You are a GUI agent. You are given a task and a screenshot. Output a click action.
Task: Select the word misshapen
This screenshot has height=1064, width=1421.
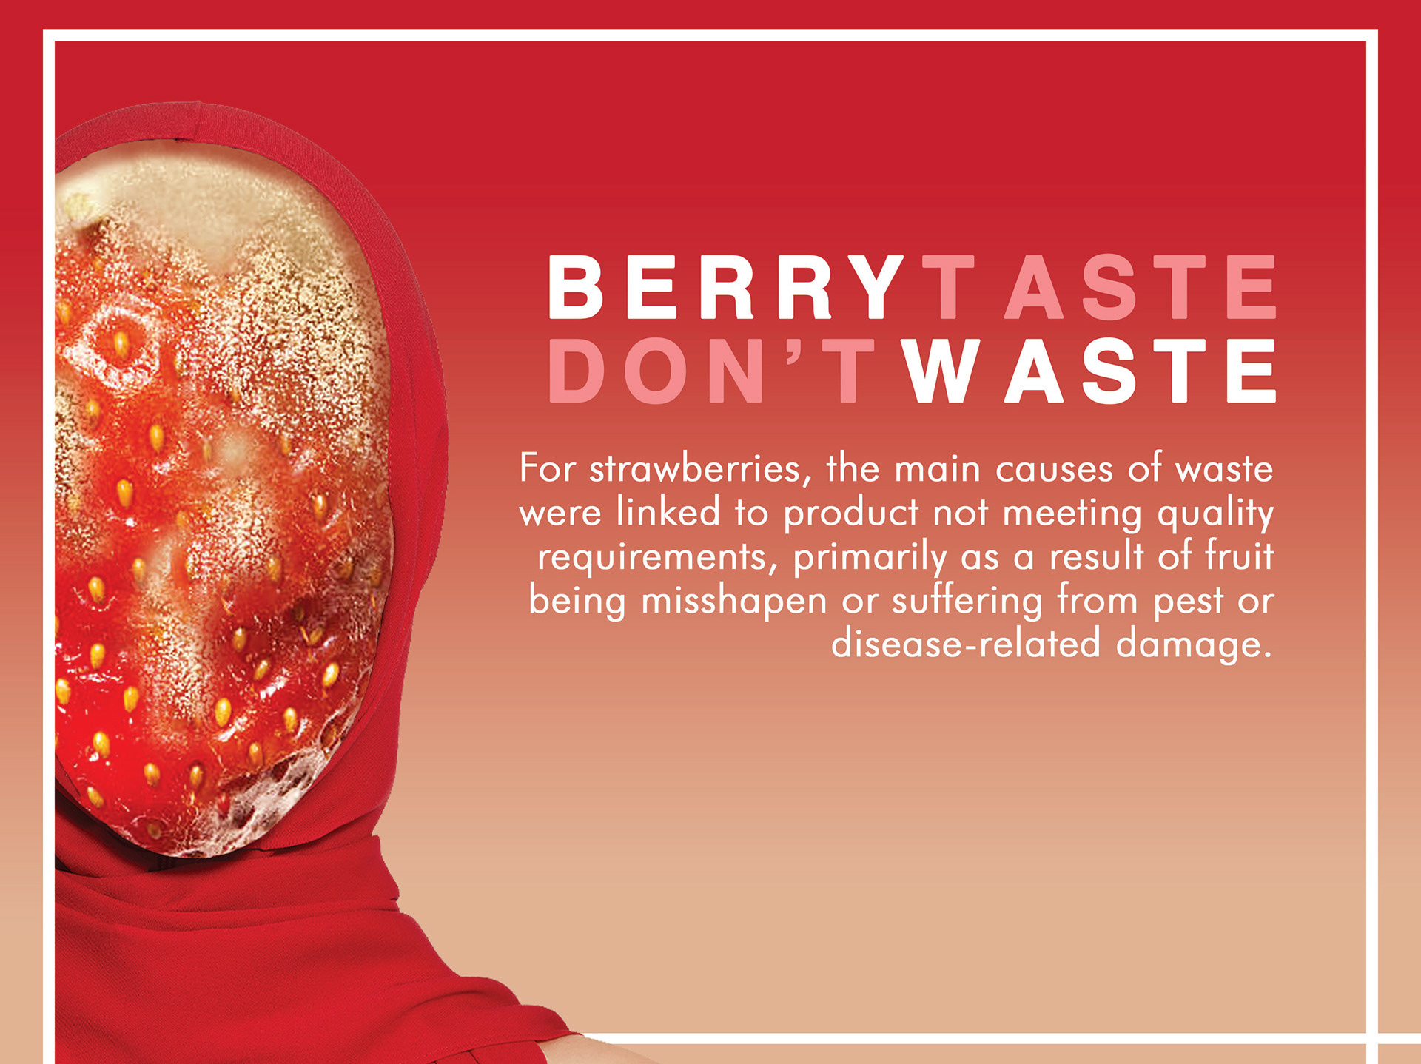(x=733, y=601)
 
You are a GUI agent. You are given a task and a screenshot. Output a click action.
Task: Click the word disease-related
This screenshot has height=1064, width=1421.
(x=966, y=643)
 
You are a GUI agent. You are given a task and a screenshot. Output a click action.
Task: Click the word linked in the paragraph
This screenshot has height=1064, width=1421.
(x=669, y=512)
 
